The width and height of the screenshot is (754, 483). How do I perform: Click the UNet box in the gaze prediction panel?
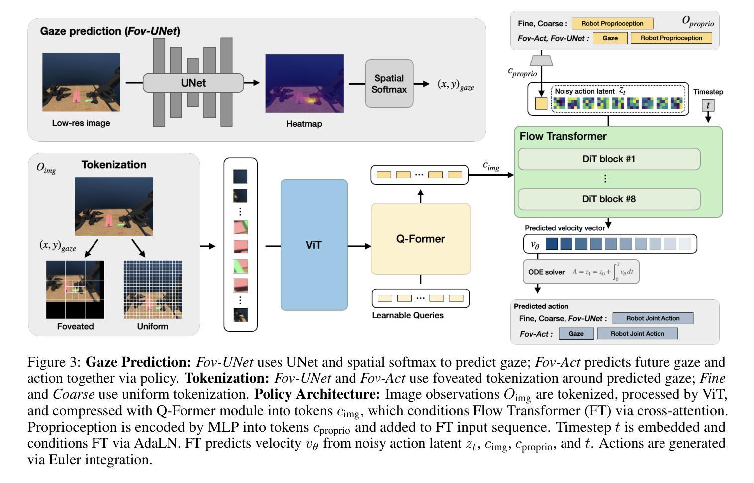(193, 83)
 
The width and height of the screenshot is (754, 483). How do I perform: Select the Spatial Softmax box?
(389, 84)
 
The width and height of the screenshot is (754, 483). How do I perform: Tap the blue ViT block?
(314, 245)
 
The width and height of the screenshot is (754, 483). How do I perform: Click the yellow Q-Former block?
(420, 239)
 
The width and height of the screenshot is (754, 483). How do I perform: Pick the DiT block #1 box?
(609, 159)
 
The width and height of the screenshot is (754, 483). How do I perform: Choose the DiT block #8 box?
(609, 199)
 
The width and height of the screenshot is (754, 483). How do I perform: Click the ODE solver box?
(581, 272)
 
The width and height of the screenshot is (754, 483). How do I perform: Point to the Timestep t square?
(708, 105)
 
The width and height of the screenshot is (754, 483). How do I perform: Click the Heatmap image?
(304, 84)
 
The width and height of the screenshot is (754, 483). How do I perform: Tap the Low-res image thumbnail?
(81, 82)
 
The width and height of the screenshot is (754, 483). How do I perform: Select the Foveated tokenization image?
(75, 290)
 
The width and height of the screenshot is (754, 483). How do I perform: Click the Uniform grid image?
(153, 290)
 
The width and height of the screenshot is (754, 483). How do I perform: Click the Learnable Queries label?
(408, 315)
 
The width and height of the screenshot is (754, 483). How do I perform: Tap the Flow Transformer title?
(563, 136)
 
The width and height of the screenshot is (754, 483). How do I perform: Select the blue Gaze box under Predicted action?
(576, 334)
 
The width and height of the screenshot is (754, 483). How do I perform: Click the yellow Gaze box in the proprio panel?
(610, 38)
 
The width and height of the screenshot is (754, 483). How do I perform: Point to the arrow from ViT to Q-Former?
(359, 246)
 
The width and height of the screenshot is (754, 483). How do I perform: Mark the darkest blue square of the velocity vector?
(552, 243)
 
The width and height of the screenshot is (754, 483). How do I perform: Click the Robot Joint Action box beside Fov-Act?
(638, 334)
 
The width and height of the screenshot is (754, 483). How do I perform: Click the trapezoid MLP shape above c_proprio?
(541, 61)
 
